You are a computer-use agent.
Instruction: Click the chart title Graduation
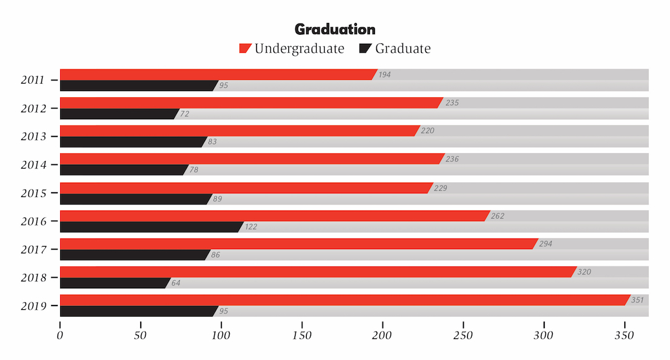tap(335, 29)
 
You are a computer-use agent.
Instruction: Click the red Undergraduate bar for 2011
tap(217, 74)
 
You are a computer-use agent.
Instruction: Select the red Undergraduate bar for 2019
tap(344, 300)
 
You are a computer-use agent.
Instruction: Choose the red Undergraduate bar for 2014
tap(251, 159)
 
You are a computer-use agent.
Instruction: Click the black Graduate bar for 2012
tap(118, 114)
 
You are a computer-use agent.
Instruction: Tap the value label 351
tap(638, 300)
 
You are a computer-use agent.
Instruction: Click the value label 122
tap(250, 227)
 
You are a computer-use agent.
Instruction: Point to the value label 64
tap(176, 283)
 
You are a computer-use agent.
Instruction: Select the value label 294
tap(545, 244)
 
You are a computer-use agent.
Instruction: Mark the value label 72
tap(185, 114)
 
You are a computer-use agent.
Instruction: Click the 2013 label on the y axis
tap(32, 136)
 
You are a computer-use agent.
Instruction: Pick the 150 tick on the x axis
tap(302, 335)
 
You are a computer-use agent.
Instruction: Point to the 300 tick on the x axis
tap(544, 335)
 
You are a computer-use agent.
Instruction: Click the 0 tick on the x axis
tap(60, 335)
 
